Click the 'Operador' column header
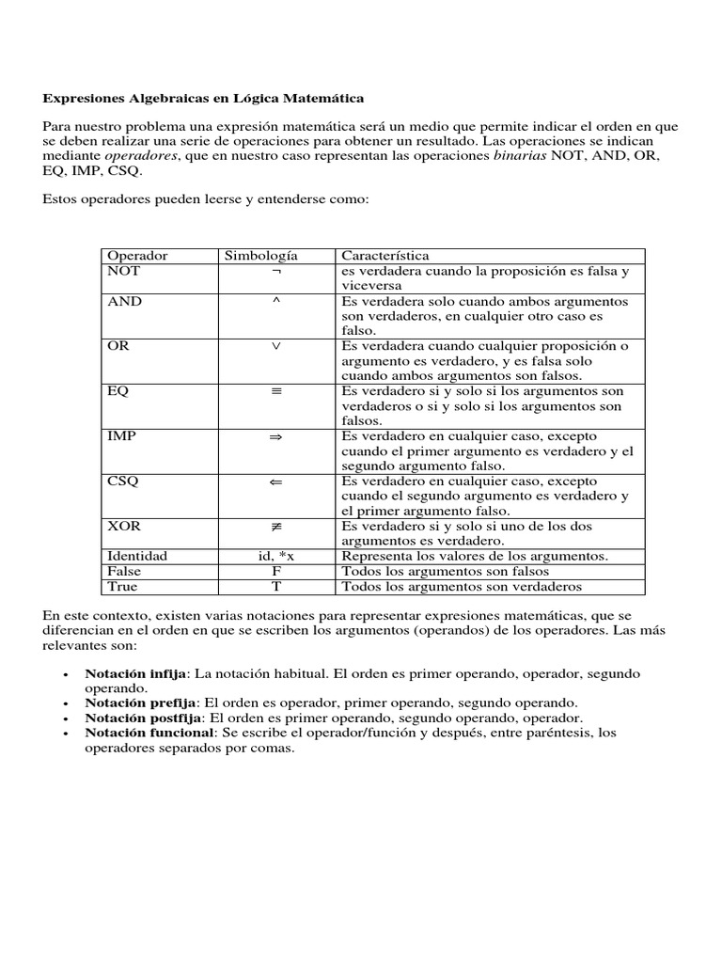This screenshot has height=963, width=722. [x=137, y=256]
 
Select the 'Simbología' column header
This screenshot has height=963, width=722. [x=259, y=256]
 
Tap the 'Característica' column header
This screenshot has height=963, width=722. [x=385, y=256]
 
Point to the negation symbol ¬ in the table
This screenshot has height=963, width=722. [x=276, y=271]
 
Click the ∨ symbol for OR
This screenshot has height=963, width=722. [x=276, y=346]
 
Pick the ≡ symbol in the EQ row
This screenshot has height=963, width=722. [x=276, y=391]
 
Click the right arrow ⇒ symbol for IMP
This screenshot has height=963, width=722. [x=276, y=436]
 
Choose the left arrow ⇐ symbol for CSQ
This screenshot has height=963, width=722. [x=276, y=481]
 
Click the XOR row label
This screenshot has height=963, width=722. [x=124, y=527]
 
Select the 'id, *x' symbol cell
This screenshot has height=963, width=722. [x=276, y=556]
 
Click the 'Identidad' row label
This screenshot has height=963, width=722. [x=137, y=556]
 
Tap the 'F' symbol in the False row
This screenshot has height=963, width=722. [x=276, y=571]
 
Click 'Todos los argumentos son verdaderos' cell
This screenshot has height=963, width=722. [x=462, y=586]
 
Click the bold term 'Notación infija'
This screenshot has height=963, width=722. [x=135, y=674]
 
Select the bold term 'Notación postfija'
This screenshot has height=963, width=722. [x=141, y=718]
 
